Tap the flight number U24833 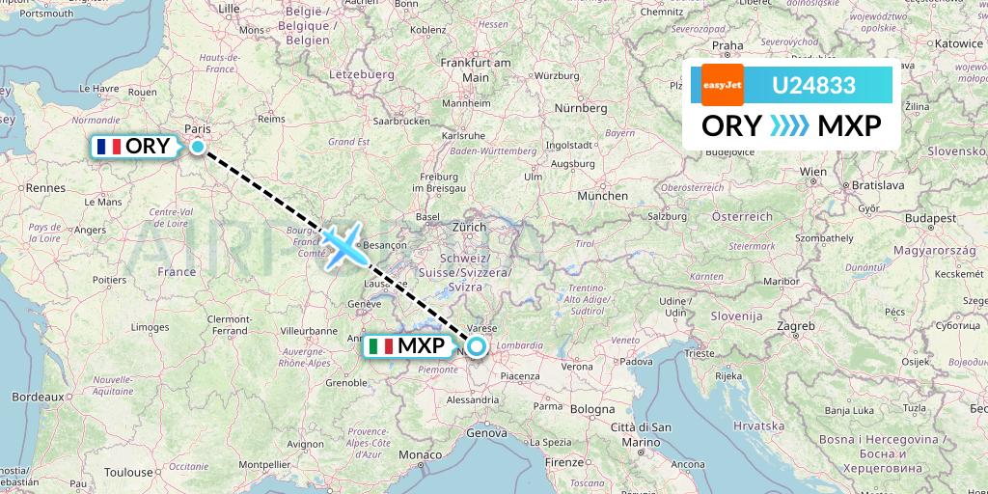813,85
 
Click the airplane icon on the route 343,245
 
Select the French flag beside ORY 107,147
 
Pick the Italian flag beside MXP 381,345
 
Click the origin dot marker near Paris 198,147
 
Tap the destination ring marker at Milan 477,345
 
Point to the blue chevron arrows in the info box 789,125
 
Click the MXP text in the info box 848,125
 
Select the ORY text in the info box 731,125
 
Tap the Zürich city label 469,228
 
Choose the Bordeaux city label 38,397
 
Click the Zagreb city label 796,326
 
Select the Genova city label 485,433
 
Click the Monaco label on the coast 420,454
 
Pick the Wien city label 813,172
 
